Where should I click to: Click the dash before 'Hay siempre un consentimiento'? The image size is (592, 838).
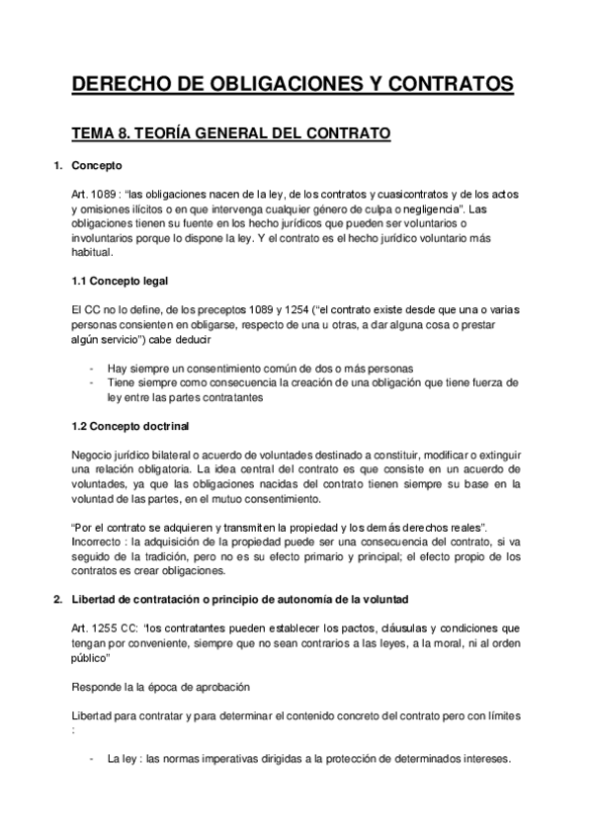92,368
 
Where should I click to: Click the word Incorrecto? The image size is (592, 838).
98,544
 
